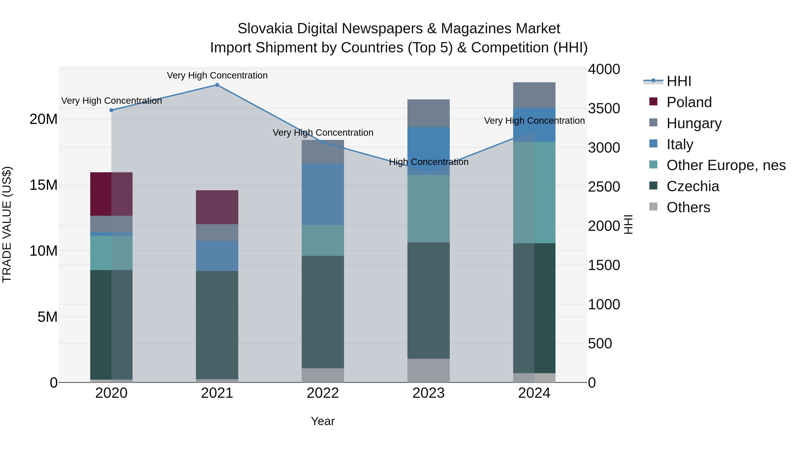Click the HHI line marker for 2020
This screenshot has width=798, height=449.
(111, 110)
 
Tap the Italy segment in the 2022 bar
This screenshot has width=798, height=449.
(323, 194)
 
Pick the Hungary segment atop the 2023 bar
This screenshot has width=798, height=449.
(428, 113)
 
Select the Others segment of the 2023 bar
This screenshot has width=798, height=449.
(428, 370)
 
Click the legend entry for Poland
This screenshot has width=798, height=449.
(689, 102)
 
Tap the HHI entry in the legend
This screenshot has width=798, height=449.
(679, 81)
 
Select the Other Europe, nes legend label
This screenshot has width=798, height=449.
(726, 165)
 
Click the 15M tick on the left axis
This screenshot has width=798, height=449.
(43, 185)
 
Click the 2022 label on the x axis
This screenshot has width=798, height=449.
(323, 393)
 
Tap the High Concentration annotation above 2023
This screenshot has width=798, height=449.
(428, 162)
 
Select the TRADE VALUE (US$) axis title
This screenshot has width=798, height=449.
(7, 224)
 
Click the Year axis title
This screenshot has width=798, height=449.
(323, 421)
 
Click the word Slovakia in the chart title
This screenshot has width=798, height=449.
(265, 29)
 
